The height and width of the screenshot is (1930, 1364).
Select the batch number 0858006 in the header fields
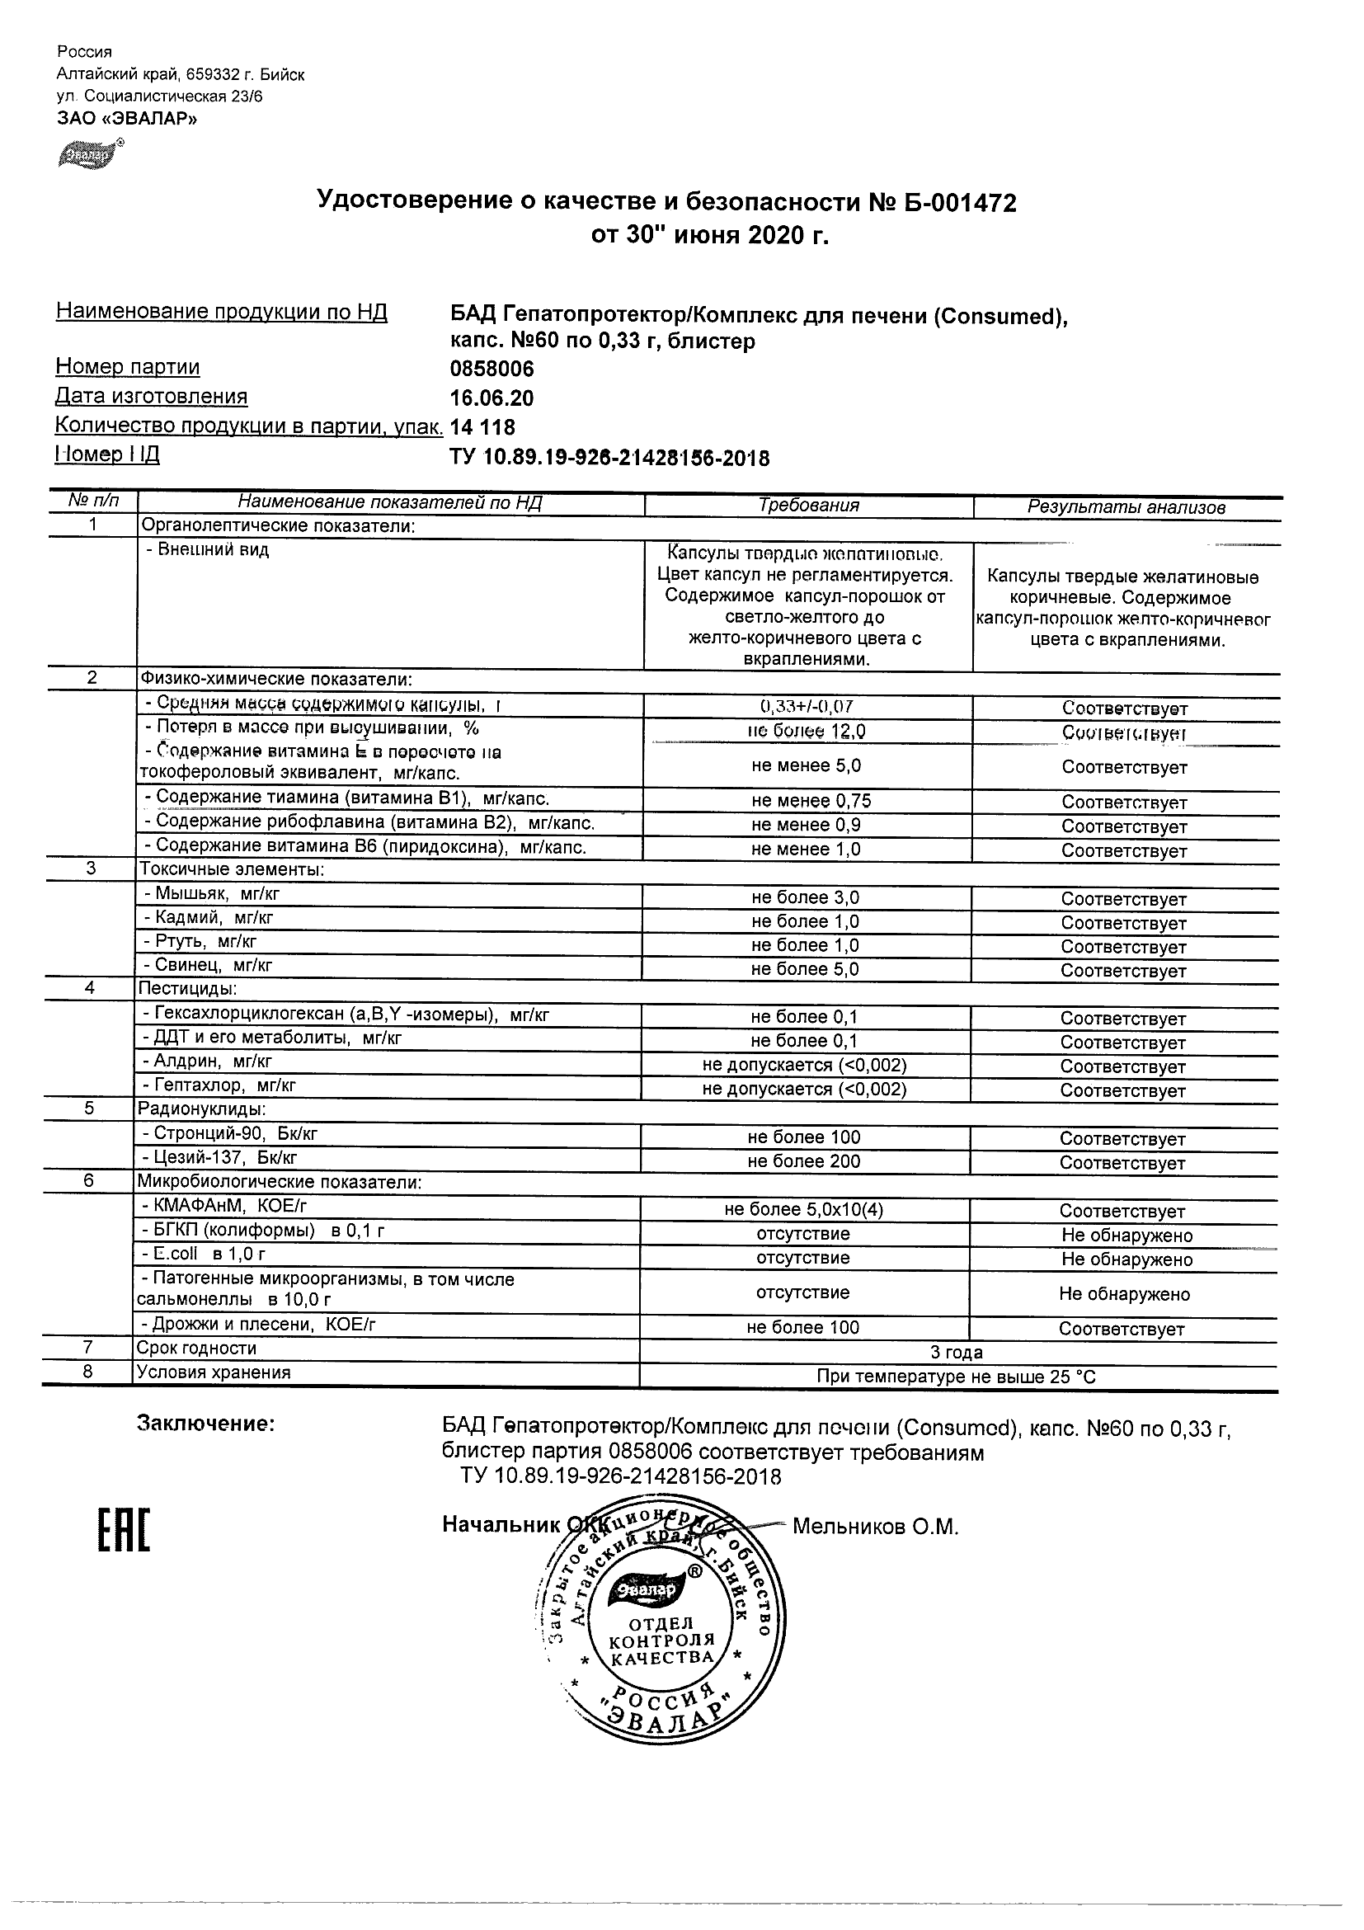(x=492, y=369)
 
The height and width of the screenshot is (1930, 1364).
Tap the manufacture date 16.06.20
(x=492, y=398)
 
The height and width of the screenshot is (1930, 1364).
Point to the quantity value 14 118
(x=482, y=427)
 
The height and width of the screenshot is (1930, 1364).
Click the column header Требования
(x=808, y=506)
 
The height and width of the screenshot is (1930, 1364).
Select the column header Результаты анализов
(x=1126, y=507)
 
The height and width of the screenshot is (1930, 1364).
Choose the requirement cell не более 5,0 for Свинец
(x=805, y=969)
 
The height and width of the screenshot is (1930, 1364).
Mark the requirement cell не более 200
(x=804, y=1160)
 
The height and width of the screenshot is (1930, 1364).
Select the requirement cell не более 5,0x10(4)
(x=804, y=1209)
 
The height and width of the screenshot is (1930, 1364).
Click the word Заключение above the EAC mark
(x=206, y=1424)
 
